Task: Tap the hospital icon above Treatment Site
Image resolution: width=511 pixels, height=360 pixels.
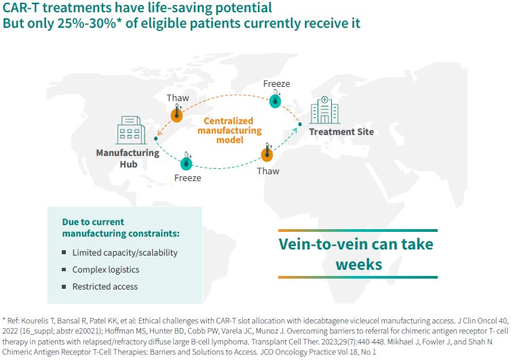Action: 324,110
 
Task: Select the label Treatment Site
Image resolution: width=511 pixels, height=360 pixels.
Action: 341,132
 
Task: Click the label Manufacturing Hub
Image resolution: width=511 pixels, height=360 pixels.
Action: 128,159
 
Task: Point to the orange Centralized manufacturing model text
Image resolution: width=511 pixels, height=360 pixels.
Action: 229,130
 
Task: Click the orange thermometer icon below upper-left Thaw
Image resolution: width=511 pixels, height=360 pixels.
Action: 176,115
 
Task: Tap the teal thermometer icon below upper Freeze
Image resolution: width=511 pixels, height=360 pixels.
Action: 276,99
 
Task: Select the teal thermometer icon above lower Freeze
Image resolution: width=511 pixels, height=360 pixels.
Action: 187,161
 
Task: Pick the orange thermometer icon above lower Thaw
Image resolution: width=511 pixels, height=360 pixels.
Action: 267,153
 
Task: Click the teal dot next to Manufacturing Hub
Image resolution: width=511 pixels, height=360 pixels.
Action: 156,139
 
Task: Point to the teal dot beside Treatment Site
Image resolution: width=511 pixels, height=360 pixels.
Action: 300,124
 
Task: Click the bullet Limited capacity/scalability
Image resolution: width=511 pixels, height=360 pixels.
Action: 125,253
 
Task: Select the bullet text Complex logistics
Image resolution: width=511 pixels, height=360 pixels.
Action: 106,270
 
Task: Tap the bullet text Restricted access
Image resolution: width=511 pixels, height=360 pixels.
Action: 105,286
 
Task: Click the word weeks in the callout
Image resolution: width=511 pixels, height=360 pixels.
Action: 359,264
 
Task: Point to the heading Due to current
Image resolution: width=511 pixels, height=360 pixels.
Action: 93,222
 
